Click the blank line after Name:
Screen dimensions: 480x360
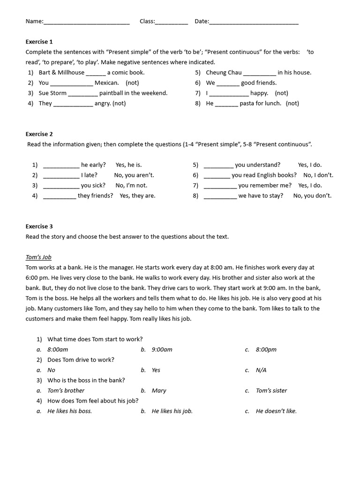coord(86,22)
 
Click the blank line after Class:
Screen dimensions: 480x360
coord(171,22)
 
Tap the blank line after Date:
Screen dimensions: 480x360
coord(254,22)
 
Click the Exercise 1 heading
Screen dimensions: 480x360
coord(39,42)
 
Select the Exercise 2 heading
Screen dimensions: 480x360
coord(39,134)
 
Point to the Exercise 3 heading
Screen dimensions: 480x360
coord(39,226)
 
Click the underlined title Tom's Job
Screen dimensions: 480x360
coord(38,257)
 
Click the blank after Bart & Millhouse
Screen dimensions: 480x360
coord(96,73)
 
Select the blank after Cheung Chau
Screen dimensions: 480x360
coord(260,73)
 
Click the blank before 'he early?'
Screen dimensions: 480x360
coord(61,165)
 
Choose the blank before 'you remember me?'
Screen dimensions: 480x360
coord(220,186)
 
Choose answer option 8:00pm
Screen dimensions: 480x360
coord(266,350)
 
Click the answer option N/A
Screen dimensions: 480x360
coord(261,370)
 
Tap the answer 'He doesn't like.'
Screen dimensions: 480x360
coord(276,412)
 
